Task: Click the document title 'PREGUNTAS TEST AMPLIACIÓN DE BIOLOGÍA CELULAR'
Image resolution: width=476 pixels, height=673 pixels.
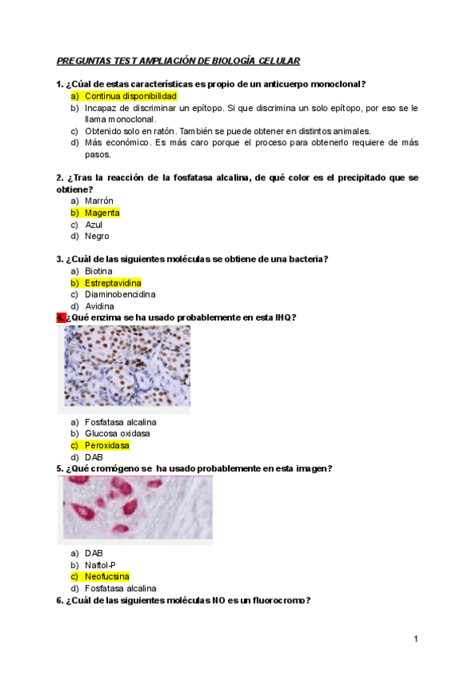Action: point(178,61)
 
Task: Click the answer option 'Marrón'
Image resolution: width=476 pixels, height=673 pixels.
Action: point(99,201)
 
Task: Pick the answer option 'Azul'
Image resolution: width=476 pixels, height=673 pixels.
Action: point(94,225)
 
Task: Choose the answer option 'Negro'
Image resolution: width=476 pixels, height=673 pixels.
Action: point(97,236)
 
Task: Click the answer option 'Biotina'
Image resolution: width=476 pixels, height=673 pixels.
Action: point(99,271)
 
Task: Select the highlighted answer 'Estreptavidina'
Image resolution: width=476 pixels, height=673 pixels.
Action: point(113,283)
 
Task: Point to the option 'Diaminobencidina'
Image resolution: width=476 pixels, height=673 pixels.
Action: point(120,294)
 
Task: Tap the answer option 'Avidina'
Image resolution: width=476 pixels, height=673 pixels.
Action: point(99,306)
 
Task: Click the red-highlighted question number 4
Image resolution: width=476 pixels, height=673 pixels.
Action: point(60,317)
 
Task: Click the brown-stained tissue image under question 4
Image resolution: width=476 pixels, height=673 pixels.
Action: point(126,366)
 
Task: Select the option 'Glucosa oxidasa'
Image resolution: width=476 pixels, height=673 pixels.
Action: point(118,433)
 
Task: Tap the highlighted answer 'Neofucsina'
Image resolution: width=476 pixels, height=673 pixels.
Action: point(107,576)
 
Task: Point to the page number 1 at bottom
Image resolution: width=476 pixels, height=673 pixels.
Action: point(416,639)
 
